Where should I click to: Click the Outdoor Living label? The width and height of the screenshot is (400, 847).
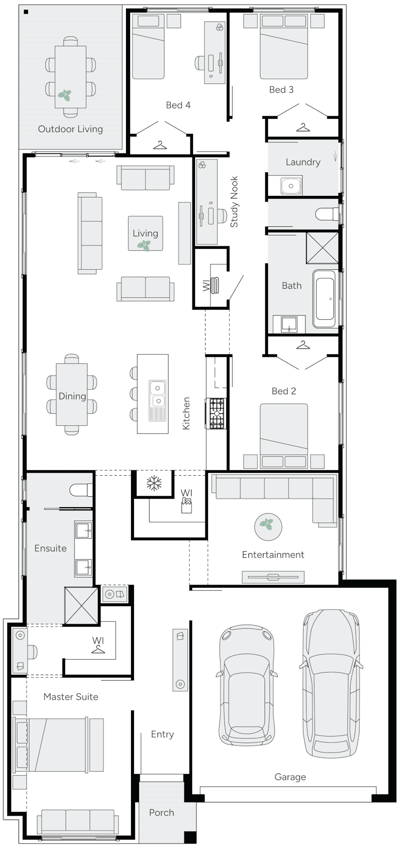(x=70, y=129)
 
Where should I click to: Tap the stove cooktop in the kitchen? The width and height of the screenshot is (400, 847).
(x=217, y=413)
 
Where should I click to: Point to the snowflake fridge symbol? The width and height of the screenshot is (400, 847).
(x=153, y=483)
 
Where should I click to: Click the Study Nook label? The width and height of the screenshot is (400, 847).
(x=234, y=202)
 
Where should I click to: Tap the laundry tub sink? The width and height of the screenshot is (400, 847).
(x=290, y=185)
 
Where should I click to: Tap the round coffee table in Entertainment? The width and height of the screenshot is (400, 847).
(x=268, y=526)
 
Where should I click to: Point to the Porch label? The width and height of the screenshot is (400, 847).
(x=161, y=813)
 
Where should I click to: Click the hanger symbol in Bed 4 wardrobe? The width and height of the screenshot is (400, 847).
(x=159, y=145)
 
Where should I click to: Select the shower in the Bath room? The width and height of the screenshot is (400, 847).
(x=322, y=247)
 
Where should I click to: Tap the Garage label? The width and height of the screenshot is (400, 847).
(x=290, y=777)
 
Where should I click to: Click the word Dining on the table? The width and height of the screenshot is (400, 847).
(x=72, y=396)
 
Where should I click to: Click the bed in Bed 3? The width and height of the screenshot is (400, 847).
(x=283, y=46)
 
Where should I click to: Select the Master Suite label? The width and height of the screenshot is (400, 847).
(x=70, y=697)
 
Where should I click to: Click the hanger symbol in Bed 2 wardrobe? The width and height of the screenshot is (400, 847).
(x=302, y=345)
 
